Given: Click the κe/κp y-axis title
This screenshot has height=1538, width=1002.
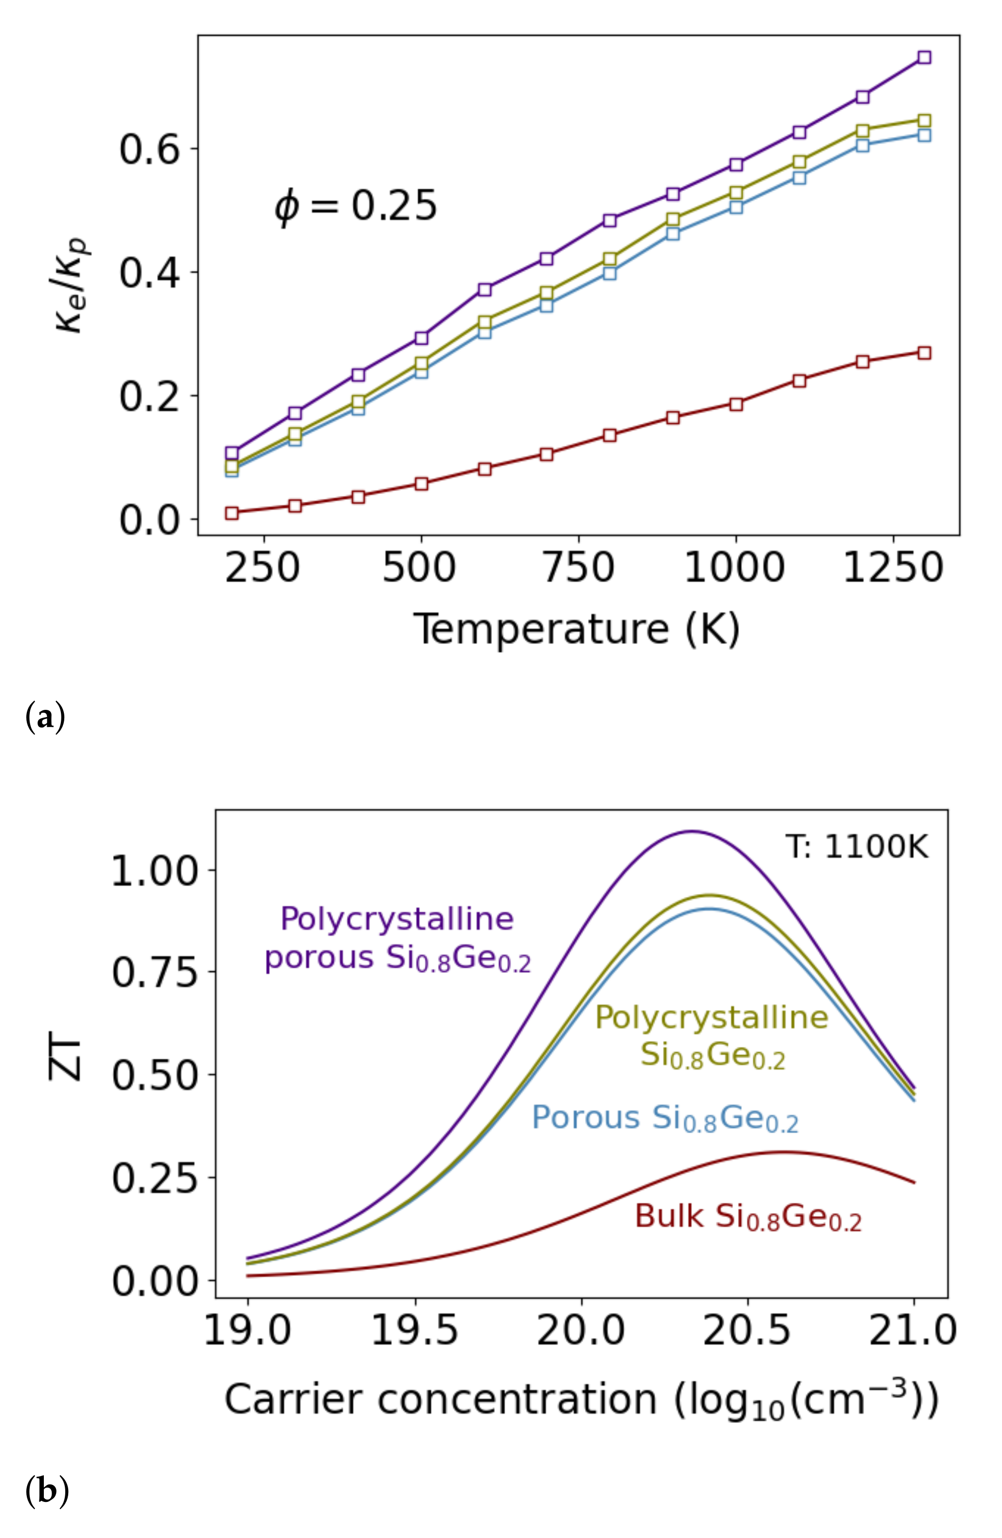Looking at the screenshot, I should [x=73, y=285].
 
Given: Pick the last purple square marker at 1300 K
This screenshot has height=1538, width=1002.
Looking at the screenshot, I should [x=924, y=57].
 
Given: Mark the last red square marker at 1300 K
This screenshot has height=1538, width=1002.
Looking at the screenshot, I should [x=924, y=353].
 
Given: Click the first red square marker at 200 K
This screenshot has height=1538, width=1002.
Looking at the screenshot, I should [x=232, y=513].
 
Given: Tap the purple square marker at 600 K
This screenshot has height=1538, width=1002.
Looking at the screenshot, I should [x=485, y=289].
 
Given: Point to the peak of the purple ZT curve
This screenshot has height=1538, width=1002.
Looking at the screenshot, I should [x=692, y=831].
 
